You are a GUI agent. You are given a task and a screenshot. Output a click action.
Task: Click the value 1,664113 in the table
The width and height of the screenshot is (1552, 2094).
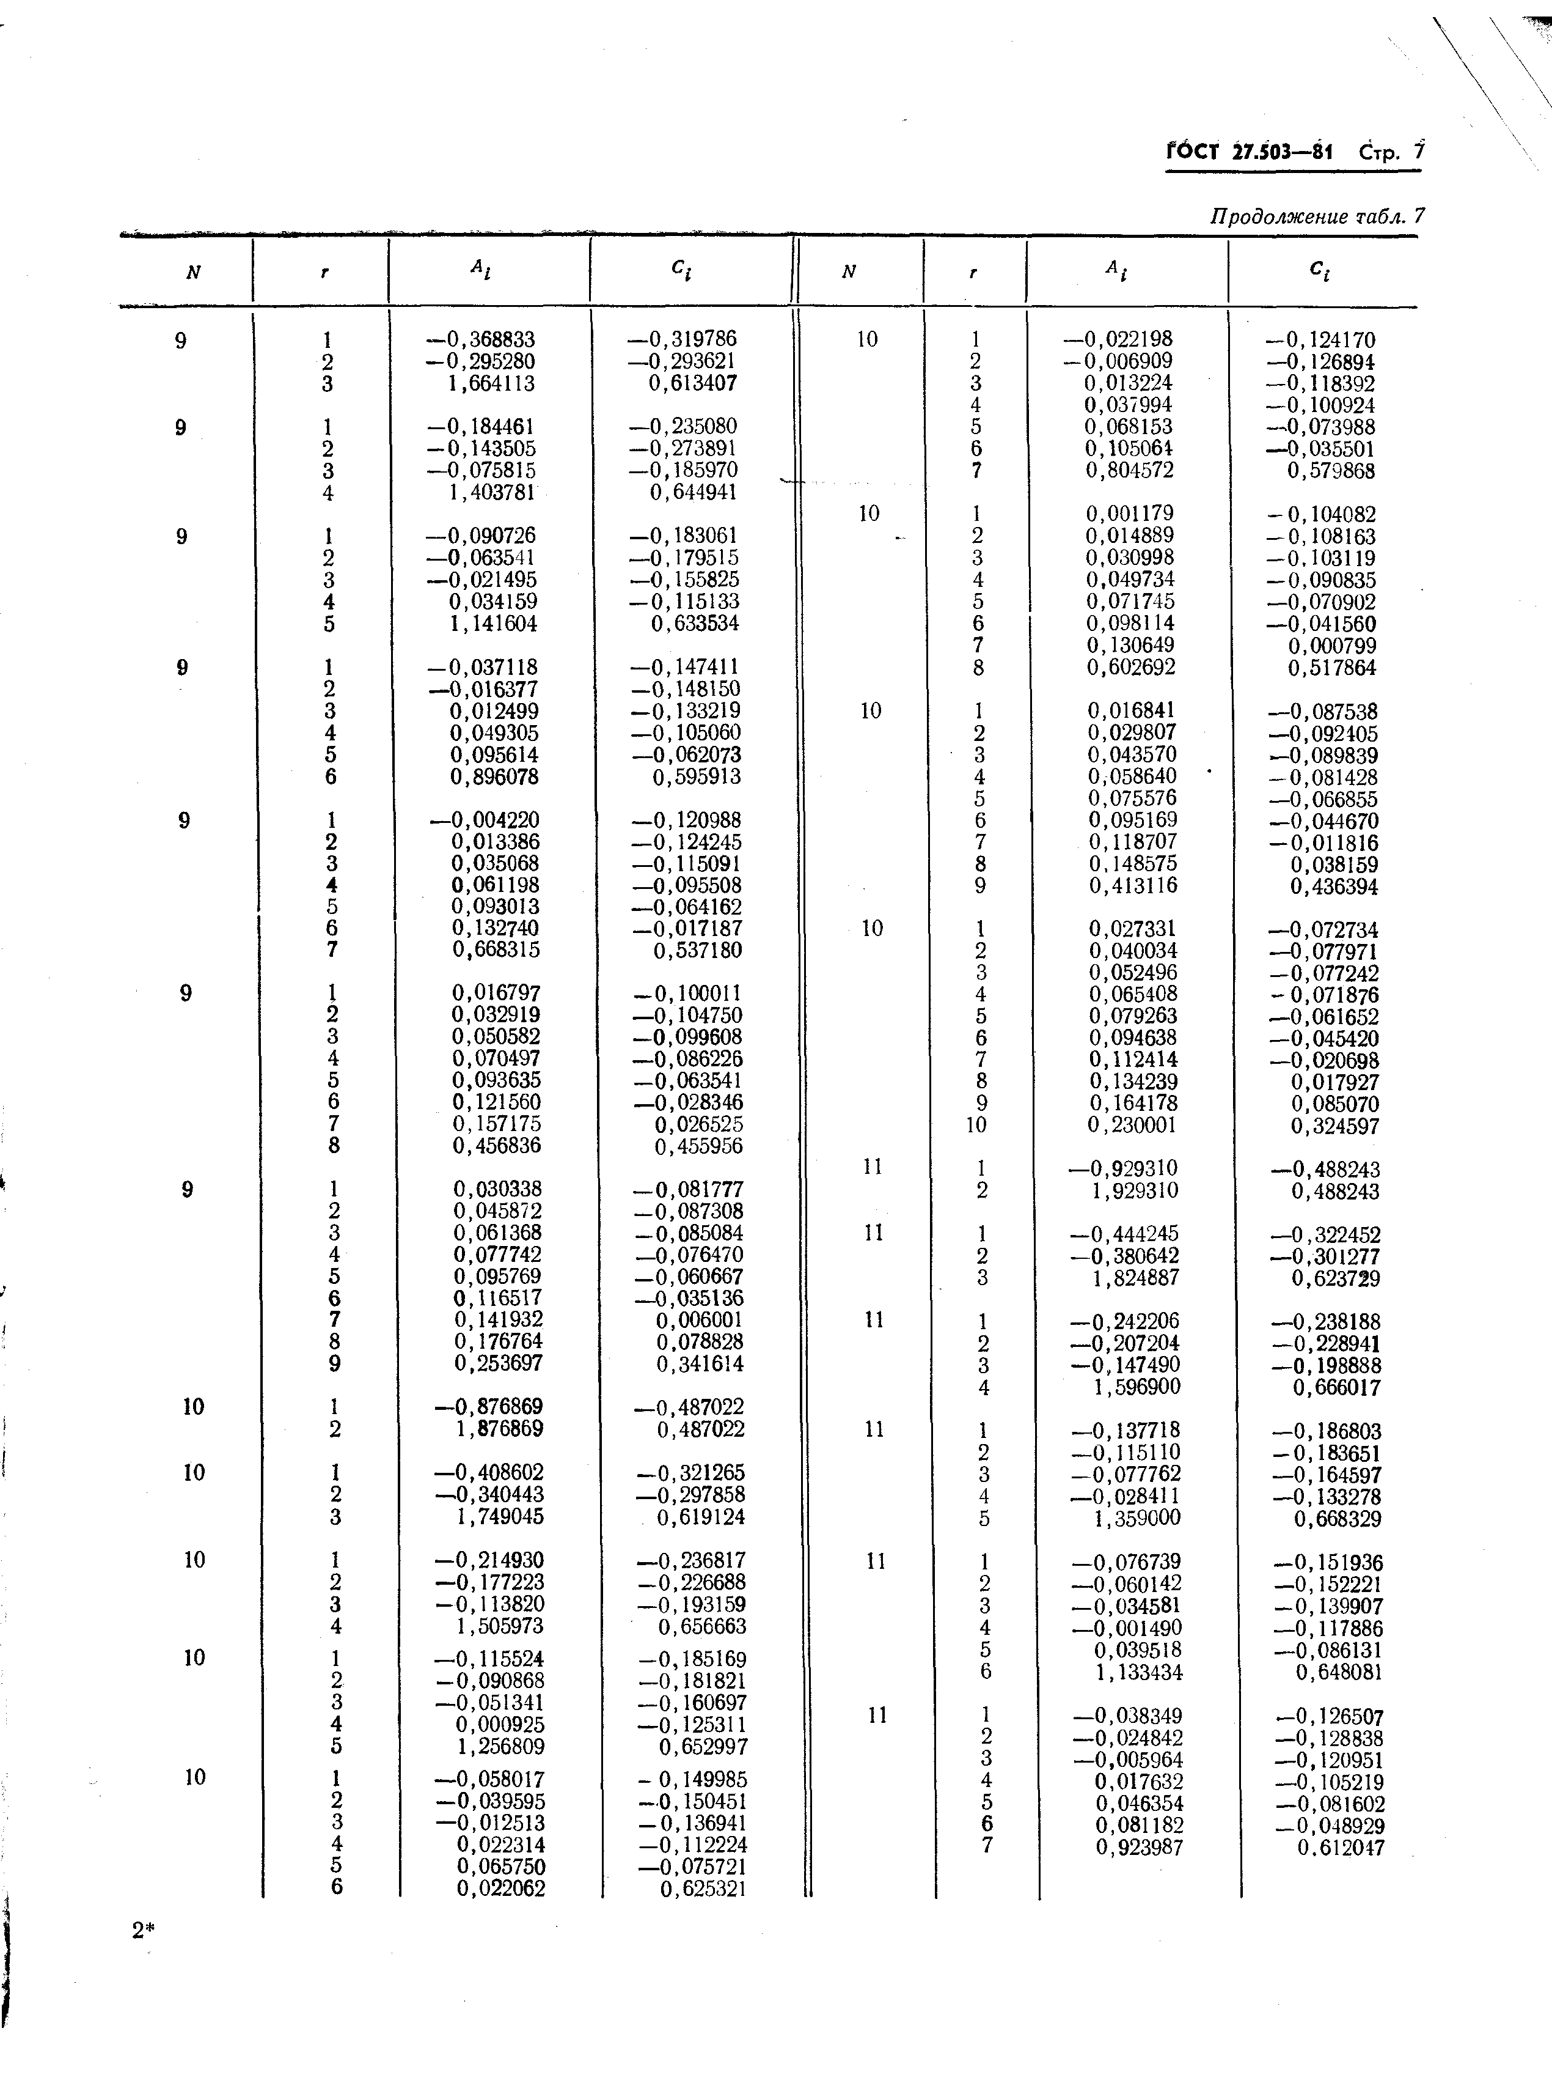coord(492,383)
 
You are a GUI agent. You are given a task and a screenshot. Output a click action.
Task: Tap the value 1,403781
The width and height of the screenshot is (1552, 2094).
coord(492,493)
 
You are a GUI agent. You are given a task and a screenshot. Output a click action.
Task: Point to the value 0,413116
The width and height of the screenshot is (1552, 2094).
coord(1133,885)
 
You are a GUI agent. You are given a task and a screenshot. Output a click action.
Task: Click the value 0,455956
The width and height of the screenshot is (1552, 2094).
coord(698,1146)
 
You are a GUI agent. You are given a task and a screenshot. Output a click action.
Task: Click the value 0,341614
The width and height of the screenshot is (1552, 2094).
coord(700,1364)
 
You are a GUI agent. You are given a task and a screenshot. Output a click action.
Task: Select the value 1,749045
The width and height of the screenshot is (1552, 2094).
coord(498,1516)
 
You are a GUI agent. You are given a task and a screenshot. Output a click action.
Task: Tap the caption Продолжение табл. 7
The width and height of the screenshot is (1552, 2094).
coord(1316,216)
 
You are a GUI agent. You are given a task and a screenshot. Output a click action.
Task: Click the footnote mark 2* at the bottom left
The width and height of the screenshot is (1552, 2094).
coord(143,1931)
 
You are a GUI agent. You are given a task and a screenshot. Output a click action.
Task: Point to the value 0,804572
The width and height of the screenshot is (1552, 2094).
coord(1130,470)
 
